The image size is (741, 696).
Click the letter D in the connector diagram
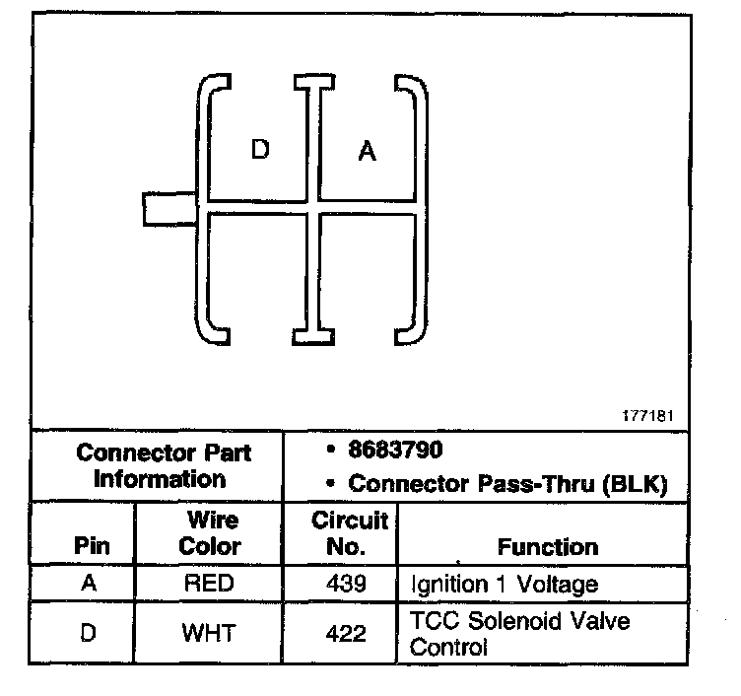260,150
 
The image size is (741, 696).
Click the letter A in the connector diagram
367,152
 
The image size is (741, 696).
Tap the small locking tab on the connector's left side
168,208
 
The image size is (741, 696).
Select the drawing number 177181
647,416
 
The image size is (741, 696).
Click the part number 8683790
395,450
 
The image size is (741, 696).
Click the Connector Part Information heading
164,466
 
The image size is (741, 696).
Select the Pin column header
91,545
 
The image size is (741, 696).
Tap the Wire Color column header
211,532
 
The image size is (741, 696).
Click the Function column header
548,545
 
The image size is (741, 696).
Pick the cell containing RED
209,583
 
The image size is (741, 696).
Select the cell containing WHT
209,632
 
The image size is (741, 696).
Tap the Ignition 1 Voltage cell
504,584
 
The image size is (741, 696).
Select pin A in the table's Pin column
90,583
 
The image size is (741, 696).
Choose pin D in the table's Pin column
90,632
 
